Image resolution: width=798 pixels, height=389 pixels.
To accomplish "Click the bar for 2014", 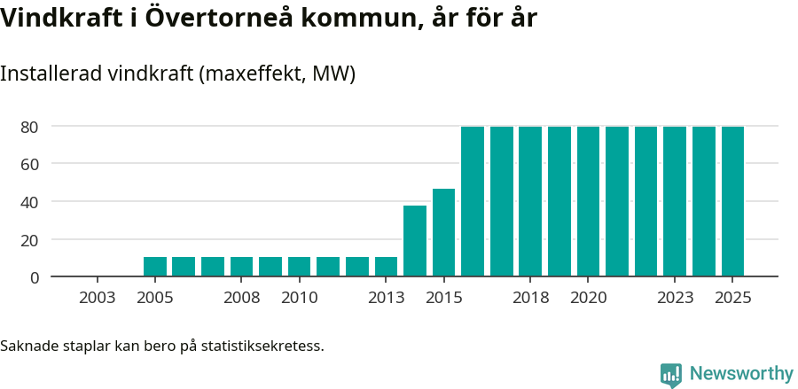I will [415, 241].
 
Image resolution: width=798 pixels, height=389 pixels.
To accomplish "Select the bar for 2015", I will [443, 233].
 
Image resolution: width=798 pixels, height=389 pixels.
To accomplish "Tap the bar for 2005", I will [155, 267].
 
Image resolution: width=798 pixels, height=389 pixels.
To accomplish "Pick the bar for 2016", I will [473, 202].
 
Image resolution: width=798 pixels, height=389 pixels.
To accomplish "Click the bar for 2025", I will [732, 202].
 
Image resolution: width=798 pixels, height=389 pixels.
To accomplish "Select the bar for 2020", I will [588, 202].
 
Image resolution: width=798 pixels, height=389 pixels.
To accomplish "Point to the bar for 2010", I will [300, 267].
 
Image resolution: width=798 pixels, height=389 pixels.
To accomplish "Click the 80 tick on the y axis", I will [30, 127].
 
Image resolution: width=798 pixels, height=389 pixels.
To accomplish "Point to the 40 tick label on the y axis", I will [30, 202].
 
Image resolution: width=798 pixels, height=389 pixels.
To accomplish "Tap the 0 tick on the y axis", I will [35, 277].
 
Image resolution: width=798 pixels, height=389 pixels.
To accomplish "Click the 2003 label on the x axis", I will [98, 298].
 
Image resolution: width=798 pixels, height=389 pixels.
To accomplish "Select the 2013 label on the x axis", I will [386, 298].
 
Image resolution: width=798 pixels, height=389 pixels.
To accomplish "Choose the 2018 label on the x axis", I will [530, 298].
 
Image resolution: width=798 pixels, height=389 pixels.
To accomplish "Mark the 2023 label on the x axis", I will [675, 298].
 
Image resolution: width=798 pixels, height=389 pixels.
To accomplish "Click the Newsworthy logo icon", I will [671, 375].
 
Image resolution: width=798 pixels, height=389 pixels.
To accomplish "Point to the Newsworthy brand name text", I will [741, 374].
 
